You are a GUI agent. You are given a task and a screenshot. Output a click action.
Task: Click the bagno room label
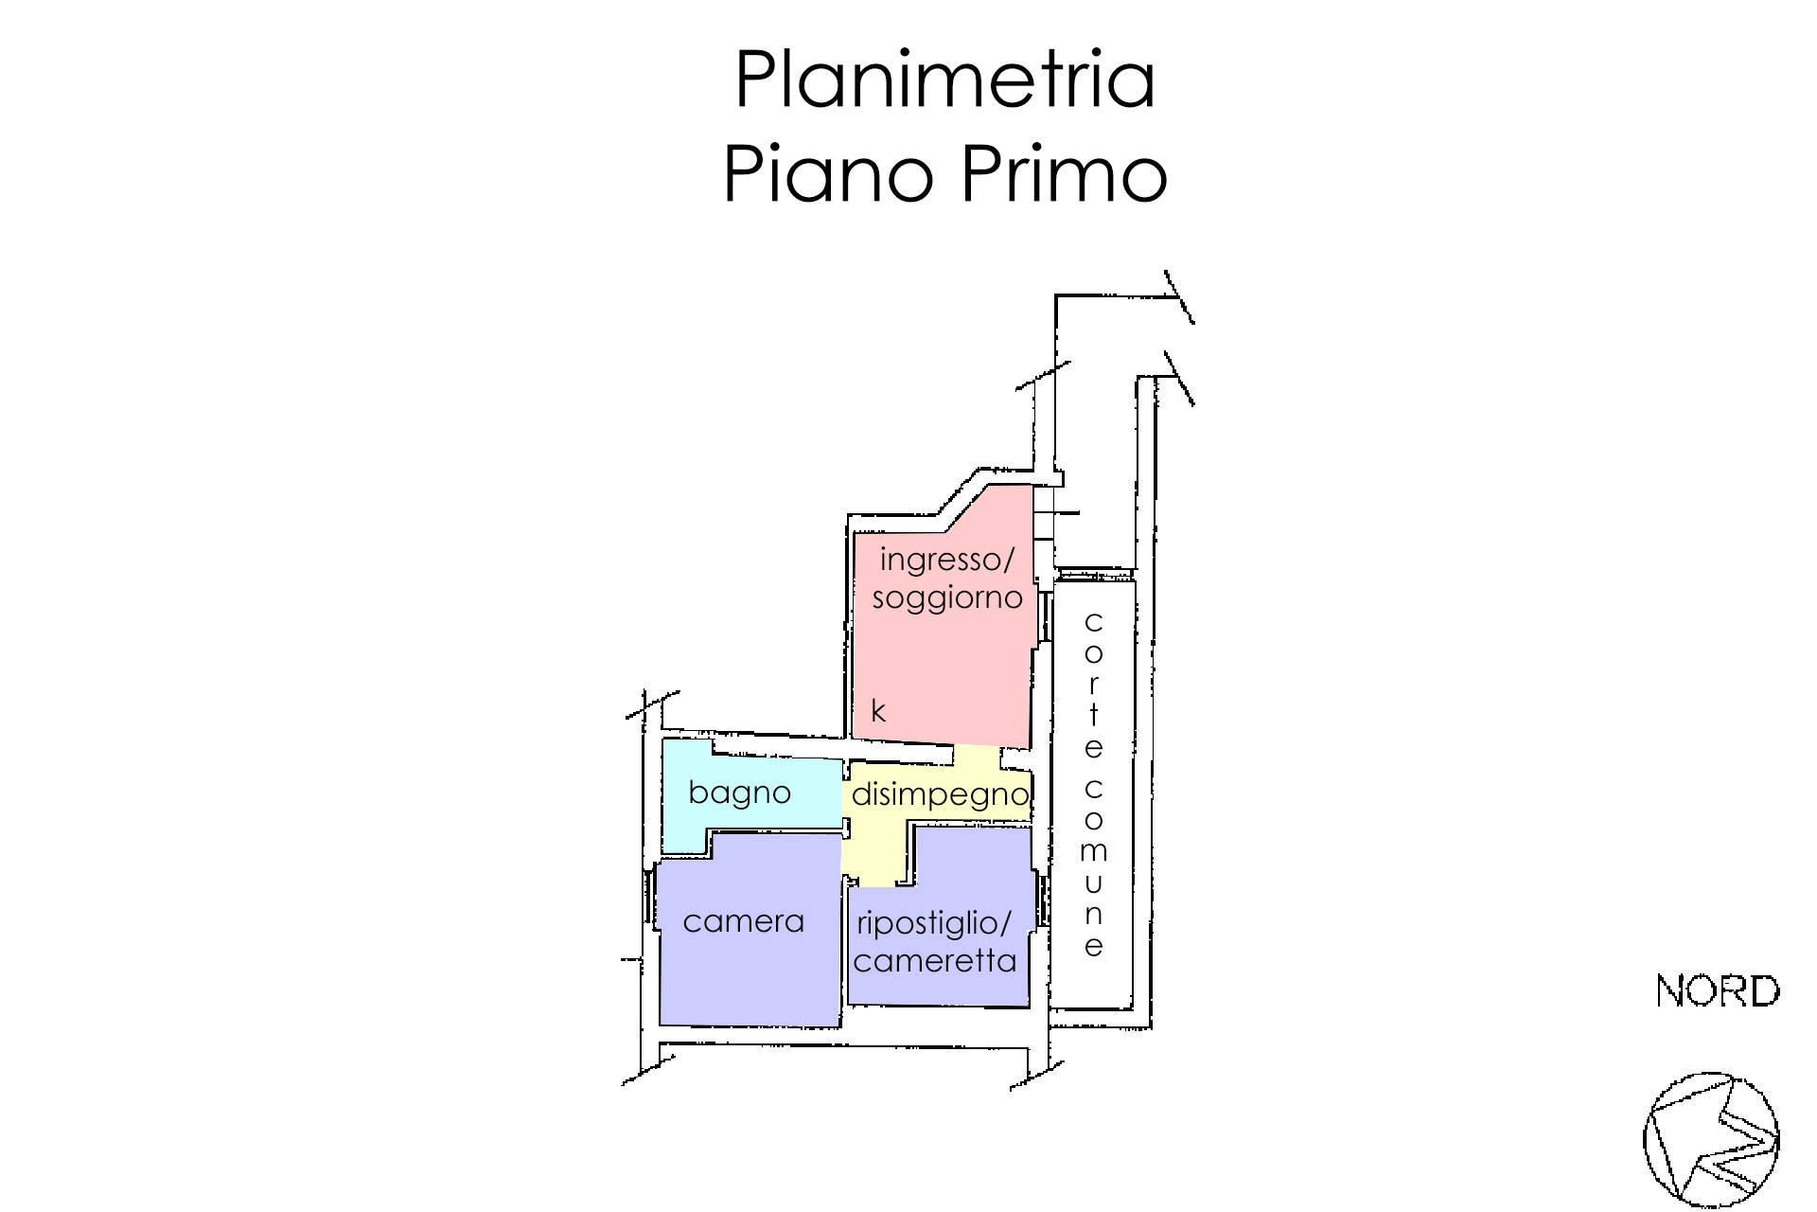tap(739, 793)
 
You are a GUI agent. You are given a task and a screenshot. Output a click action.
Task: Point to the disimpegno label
tap(940, 794)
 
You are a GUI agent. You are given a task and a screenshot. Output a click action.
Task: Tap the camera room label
tap(743, 921)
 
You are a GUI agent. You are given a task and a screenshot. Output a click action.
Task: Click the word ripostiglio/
tap(934, 923)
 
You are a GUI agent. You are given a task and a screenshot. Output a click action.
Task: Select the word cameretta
tap(935, 961)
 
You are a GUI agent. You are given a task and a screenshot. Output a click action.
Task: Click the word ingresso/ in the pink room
tap(946, 560)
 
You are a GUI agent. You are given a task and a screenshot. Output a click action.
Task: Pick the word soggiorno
tap(947, 598)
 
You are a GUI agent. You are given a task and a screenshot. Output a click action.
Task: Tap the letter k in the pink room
tap(878, 711)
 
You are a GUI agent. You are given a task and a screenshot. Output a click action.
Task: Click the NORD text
tap(1718, 991)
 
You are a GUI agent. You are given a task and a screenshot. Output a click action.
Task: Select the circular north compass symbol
tap(1711, 1140)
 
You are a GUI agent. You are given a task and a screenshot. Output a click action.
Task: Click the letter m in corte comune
tap(1094, 851)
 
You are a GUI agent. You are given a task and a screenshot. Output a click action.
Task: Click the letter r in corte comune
tap(1094, 684)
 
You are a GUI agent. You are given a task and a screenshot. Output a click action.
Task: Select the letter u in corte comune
tap(1094, 883)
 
